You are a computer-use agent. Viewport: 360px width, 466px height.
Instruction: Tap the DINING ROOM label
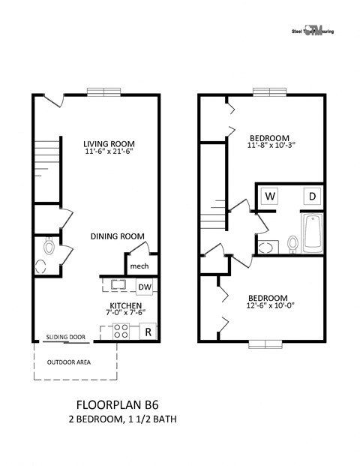(117, 236)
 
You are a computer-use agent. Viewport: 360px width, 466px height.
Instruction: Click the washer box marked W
(269, 197)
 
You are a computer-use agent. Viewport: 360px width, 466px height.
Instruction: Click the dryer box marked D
(310, 197)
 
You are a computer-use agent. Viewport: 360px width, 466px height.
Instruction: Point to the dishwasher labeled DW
(144, 286)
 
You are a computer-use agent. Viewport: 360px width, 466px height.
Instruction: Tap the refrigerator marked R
(148, 331)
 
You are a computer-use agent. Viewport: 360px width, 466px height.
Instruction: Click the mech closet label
(139, 266)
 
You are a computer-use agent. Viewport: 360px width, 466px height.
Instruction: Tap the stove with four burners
(121, 331)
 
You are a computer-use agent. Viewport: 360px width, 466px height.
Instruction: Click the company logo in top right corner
(315, 31)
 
